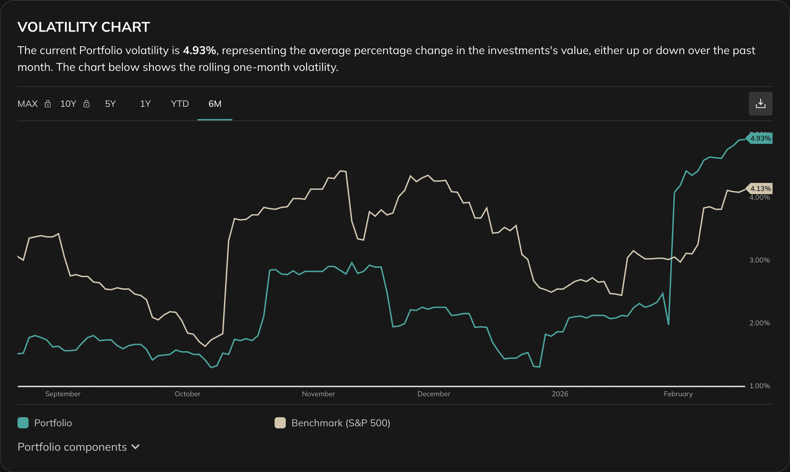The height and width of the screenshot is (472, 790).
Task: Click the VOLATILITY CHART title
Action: coord(84,27)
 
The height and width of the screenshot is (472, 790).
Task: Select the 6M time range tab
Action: coord(214,104)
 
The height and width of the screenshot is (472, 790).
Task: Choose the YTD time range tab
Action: coord(180,104)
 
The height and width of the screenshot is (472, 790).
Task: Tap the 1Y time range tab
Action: coord(145,104)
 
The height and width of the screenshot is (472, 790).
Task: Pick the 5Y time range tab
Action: coord(110,104)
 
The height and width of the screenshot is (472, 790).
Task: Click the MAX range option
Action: coord(28,104)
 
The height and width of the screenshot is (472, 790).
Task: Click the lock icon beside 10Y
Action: coord(87,104)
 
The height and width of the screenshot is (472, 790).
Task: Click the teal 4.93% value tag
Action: coord(760,138)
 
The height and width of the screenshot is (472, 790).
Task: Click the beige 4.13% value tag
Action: coord(760,189)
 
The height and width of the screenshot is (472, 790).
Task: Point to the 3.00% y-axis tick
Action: coord(759,260)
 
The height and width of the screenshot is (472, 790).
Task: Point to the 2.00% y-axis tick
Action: coord(759,323)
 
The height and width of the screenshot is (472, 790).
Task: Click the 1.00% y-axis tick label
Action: coord(759,386)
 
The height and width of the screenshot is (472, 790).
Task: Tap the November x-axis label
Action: coord(318,394)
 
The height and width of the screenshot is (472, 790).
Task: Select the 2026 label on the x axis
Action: coord(560,394)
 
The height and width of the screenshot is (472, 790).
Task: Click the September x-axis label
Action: coord(63,394)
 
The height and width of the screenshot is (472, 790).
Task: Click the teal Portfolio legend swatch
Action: coord(23,423)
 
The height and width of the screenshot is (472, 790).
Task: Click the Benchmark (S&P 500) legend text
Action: coord(341,423)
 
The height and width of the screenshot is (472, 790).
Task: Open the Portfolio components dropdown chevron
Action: coord(135,447)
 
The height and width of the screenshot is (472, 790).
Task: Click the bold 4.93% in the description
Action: coord(199,51)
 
